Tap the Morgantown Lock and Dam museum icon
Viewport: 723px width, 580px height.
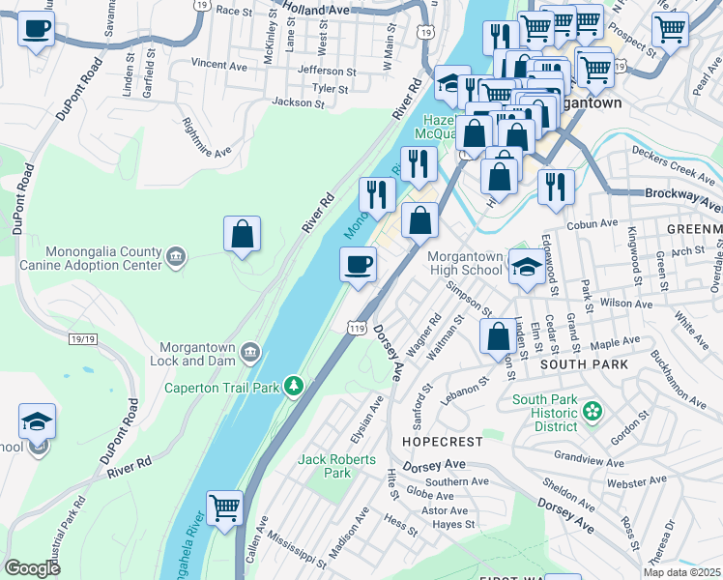250,349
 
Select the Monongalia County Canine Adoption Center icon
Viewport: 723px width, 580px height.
174,255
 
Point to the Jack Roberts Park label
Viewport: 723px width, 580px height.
324,466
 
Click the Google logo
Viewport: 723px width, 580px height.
32,568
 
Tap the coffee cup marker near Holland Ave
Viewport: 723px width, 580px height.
37,28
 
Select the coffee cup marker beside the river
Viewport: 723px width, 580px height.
358,264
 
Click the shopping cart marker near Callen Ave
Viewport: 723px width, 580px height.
224,507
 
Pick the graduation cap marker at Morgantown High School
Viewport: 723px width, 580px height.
526,266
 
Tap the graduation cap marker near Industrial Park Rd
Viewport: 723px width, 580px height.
37,421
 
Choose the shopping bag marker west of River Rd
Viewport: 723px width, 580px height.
242,233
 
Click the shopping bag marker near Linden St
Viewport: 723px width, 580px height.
499,336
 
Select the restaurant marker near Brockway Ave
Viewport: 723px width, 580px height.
555,187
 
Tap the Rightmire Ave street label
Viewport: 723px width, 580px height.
207,138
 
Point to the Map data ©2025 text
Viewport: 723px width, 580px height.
681,572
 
